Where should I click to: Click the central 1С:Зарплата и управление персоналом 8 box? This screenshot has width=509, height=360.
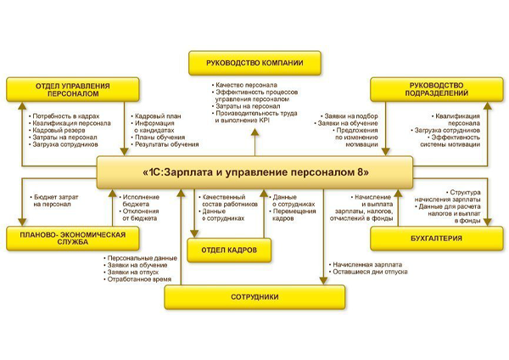tap(255, 172)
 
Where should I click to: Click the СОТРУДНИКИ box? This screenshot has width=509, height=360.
tap(255, 296)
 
